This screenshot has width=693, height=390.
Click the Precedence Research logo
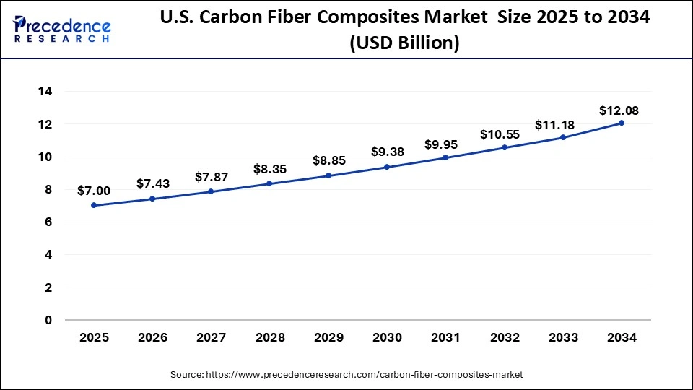tap(62, 29)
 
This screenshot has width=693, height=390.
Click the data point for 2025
tap(94, 205)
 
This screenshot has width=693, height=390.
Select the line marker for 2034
tap(622, 123)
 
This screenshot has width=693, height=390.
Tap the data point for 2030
tap(387, 167)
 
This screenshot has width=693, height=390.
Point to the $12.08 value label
tap(619, 111)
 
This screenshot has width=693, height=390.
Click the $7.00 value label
tap(94, 191)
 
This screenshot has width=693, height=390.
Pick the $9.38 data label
tap(387, 152)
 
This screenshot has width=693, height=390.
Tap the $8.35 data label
tap(270, 169)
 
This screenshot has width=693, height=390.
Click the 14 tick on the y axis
tap(45, 92)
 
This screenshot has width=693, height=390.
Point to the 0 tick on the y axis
tap(48, 320)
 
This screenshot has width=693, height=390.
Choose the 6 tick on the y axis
tap(48, 222)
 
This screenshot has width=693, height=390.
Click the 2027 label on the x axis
tap(211, 337)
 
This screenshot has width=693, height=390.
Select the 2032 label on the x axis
tap(505, 337)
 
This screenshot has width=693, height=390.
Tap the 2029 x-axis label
tap(328, 337)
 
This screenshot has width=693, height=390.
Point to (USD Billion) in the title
tap(404, 43)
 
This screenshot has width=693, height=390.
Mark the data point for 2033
tap(563, 137)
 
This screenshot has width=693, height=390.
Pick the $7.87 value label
tap(212, 177)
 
